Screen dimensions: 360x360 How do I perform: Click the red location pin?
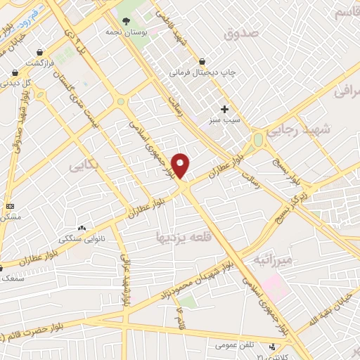181,165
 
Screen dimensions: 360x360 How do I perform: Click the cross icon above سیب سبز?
225,109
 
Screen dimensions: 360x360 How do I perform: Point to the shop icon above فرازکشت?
41,52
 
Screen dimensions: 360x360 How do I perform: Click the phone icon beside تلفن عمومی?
272,346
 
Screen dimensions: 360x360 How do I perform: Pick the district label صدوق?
241,33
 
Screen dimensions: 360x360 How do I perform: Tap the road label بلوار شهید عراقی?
125,282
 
